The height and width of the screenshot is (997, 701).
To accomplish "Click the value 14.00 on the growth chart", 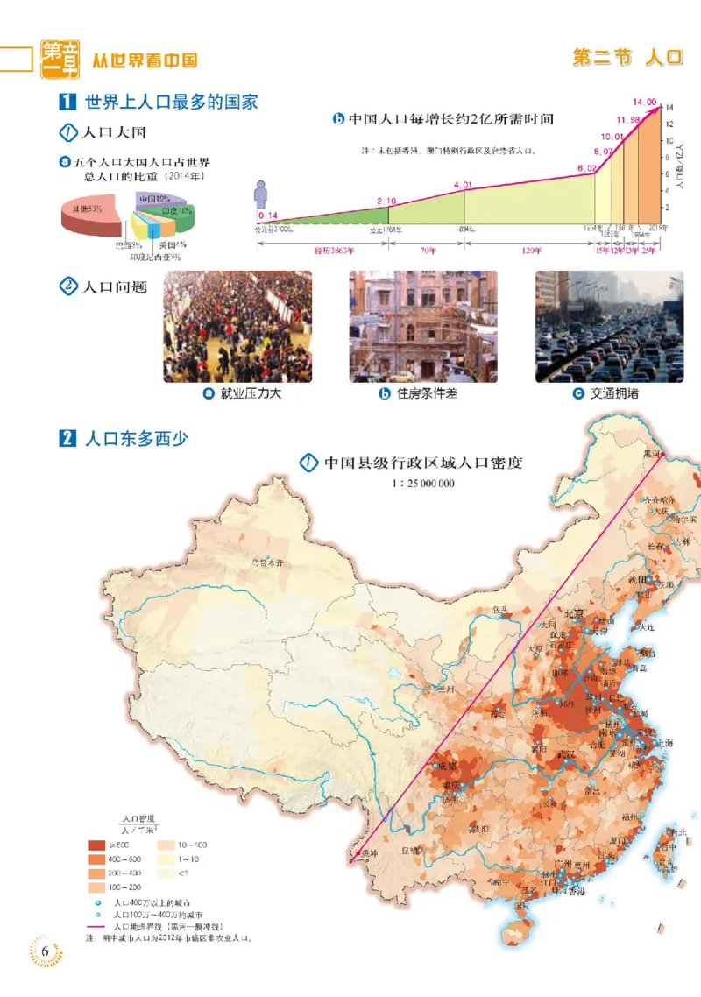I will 643,103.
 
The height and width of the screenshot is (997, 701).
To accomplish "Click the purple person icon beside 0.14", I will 261,194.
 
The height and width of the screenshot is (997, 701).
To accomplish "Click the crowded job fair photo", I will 237,326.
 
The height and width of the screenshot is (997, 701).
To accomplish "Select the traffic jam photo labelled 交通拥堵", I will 611,326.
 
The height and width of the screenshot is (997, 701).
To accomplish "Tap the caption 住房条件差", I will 427,393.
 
